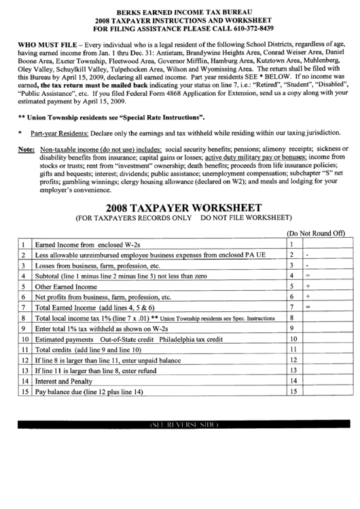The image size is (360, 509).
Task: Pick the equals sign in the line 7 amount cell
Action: tap(308, 307)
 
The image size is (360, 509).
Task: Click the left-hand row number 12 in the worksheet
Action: tap(24, 359)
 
